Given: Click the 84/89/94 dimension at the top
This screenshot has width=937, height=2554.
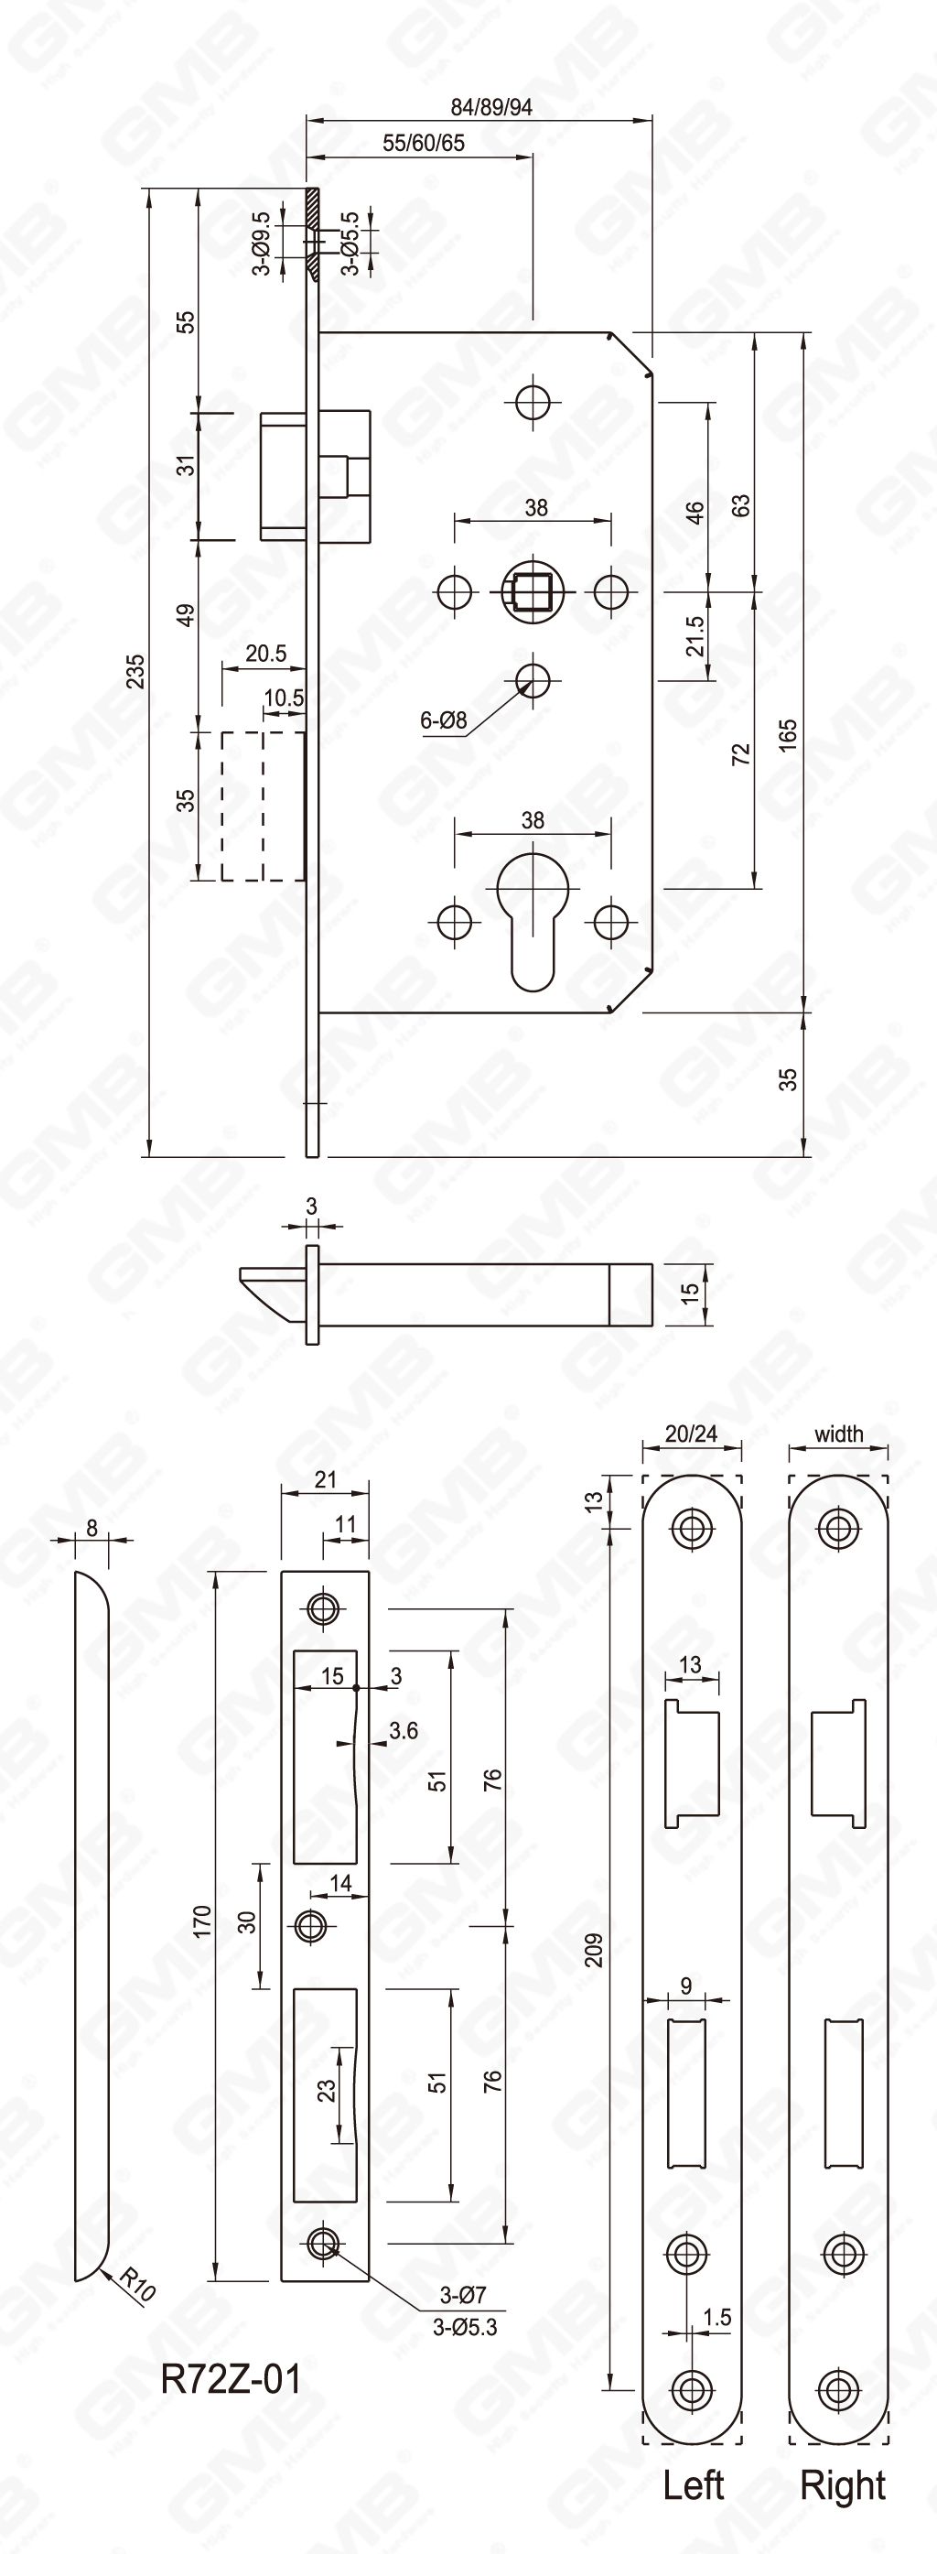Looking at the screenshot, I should [490, 107].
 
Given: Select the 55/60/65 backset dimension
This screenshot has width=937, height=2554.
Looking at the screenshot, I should [424, 143].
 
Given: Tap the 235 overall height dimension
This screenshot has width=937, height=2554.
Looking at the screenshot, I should [135, 671].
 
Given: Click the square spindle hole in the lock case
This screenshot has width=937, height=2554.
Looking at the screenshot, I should [533, 592].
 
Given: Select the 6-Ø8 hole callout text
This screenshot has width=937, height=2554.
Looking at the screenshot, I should [443, 720].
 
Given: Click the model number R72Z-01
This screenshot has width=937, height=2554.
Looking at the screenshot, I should [230, 2378].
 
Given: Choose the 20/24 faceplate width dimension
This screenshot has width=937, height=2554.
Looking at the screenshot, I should [691, 1434].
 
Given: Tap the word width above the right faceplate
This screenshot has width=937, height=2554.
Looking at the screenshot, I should [839, 1434].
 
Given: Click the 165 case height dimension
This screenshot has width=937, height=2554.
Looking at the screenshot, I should [787, 733].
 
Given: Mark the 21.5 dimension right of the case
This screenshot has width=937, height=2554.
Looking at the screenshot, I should [695, 636].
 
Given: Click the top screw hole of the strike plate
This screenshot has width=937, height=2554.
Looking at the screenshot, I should [322, 1607].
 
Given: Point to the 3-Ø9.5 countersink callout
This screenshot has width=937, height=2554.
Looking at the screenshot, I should [262, 243].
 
